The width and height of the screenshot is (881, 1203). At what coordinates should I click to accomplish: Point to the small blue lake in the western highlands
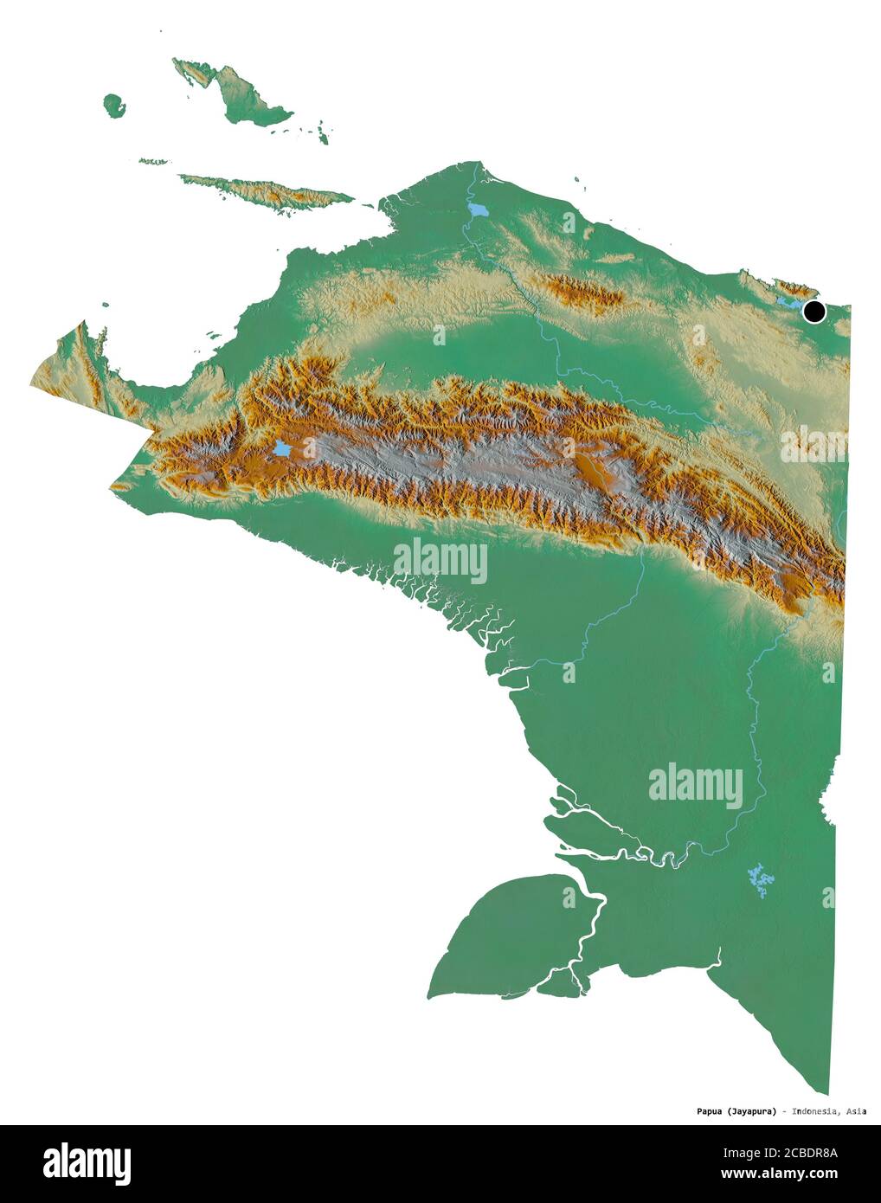281,448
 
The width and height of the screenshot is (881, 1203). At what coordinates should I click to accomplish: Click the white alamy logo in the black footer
87,1161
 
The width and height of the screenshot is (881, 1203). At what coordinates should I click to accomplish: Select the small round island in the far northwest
113,104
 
